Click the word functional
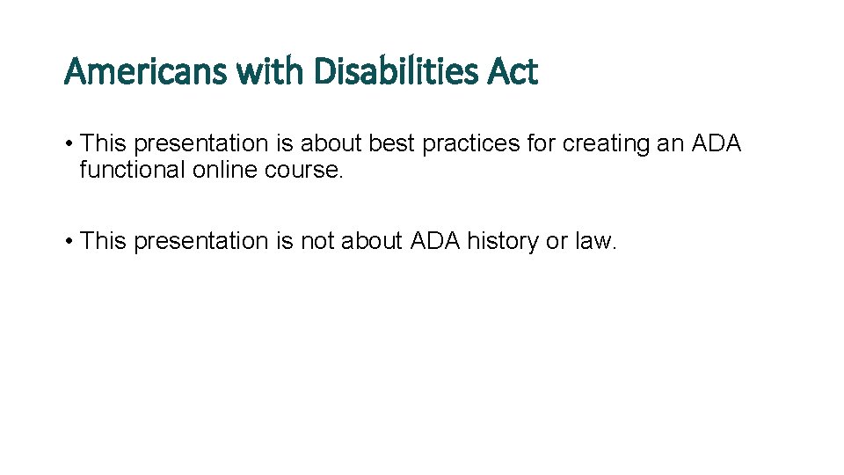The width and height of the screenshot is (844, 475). point(132,170)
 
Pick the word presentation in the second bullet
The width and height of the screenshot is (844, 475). point(201,241)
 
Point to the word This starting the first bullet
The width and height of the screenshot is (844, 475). point(104,143)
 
